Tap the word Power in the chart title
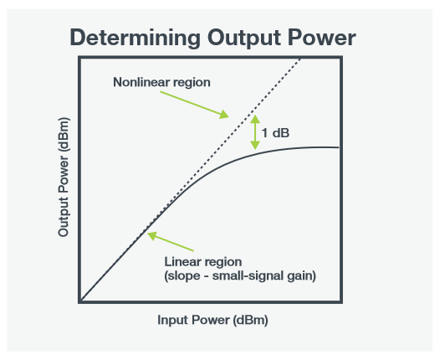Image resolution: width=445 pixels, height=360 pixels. coord(322,38)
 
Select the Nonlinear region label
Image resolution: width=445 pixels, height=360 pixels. coord(161,83)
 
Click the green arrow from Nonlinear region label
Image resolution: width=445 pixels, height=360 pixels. coord(193,101)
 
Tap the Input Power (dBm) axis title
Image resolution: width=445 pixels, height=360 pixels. coord(212,320)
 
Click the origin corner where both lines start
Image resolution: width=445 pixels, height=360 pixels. coord(80,301)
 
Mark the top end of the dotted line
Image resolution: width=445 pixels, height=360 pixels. coord(300,58)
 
